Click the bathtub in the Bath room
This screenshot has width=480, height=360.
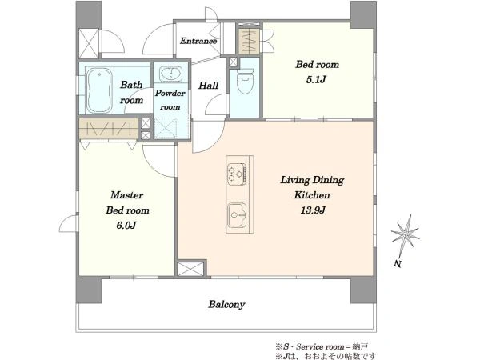(x=98, y=90)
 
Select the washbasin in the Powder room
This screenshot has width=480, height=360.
(x=171, y=74)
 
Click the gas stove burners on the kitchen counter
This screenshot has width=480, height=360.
(x=237, y=174)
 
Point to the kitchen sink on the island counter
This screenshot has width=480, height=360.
(x=237, y=215)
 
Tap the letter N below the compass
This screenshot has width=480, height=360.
(x=398, y=263)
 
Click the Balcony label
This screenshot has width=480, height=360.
(x=226, y=305)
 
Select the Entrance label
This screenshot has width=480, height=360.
(x=198, y=41)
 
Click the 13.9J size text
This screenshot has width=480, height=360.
(x=313, y=210)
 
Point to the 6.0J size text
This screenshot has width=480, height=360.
(x=126, y=226)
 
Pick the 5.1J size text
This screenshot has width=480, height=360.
(x=316, y=80)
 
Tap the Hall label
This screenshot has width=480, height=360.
(x=209, y=86)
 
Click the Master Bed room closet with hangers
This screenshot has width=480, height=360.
(x=108, y=129)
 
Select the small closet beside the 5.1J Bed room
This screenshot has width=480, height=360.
(x=249, y=42)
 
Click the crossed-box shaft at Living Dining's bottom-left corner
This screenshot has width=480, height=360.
(x=190, y=269)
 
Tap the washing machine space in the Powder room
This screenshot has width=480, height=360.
(x=166, y=129)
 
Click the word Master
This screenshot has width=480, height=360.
(x=126, y=195)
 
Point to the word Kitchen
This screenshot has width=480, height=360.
(x=312, y=195)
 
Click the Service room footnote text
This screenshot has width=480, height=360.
(x=322, y=347)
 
